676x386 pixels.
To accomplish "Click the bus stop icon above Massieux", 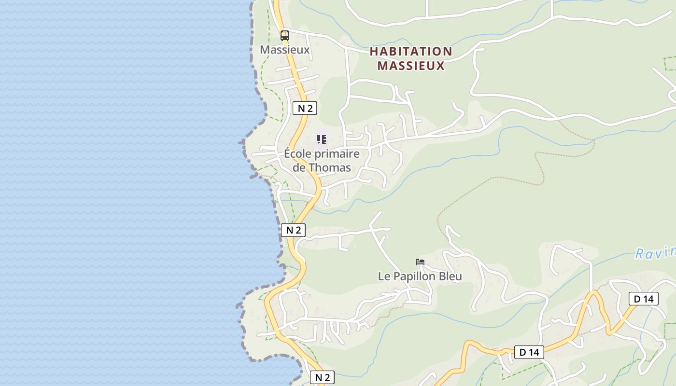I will (285, 35).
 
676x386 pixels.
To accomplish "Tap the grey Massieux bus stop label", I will (284, 50).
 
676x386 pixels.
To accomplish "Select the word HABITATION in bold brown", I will (411, 51).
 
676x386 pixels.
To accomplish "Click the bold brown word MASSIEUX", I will (411, 66).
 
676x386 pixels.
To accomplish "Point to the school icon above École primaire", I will (321, 139).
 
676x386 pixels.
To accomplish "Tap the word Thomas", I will (329, 168).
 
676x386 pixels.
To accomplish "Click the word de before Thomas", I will (299, 168).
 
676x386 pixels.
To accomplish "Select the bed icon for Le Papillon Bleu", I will (420, 262).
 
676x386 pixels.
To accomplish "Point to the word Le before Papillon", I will (383, 276).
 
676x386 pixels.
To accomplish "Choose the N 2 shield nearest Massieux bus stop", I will (305, 108).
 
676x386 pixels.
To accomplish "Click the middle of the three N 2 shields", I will (293, 230).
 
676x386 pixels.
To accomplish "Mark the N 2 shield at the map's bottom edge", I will (322, 377).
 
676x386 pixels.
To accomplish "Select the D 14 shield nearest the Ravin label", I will (643, 299).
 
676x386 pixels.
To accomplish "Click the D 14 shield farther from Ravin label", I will (529, 352).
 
